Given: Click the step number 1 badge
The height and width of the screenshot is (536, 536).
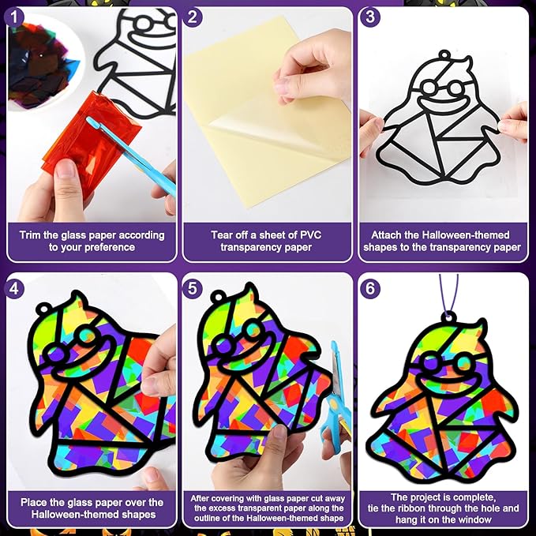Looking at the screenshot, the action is coord(14,17).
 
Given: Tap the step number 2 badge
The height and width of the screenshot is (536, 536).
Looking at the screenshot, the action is coord(193,17).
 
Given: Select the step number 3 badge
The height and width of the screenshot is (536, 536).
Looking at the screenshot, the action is coord(370,17).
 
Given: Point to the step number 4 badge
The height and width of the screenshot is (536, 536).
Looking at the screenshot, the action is coord(14,289).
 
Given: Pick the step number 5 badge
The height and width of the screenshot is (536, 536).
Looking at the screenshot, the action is coord(193,289).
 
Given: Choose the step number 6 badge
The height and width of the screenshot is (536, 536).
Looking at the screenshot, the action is coord(370,289).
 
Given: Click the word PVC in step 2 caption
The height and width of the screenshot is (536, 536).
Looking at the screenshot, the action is coord(311,235).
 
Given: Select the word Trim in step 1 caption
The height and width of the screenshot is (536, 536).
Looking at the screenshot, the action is coord(31,235).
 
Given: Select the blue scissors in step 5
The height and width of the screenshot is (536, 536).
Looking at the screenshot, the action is coord(337,396).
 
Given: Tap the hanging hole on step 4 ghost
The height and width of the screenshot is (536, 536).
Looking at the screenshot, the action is coord(43,309).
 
